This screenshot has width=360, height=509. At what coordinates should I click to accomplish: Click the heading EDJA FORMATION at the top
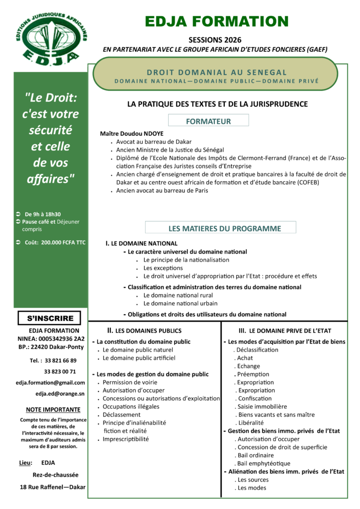pyautogui.click(x=216, y=21)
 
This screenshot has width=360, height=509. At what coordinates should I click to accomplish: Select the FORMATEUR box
pyautogui.click(x=208, y=121)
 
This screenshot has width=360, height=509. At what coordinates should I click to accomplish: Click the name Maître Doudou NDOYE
pyautogui.click(x=131, y=134)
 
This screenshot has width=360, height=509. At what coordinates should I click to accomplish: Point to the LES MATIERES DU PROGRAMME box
pyautogui.click(x=220, y=228)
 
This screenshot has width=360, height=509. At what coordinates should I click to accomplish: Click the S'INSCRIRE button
pyautogui.click(x=50, y=318)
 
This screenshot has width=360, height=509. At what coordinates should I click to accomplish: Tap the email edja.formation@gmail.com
pyautogui.click(x=50, y=382)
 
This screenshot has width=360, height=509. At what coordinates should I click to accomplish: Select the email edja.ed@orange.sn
pyautogui.click(x=60, y=394)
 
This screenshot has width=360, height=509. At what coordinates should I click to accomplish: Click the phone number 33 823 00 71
pyautogui.click(x=60, y=371)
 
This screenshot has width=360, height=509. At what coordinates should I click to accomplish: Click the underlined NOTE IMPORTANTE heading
pyautogui.click(x=53, y=410)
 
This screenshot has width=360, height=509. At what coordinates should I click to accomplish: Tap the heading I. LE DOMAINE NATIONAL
pyautogui.click(x=141, y=244)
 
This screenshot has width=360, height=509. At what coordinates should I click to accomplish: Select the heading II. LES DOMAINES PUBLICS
pyautogui.click(x=144, y=331)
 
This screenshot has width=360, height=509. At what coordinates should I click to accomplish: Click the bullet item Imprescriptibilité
pyautogui.click(x=125, y=439)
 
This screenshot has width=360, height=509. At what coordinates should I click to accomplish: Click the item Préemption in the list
pyautogui.click(x=253, y=374)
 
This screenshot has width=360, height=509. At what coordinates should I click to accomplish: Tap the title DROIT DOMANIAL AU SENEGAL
pyautogui.click(x=217, y=72)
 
